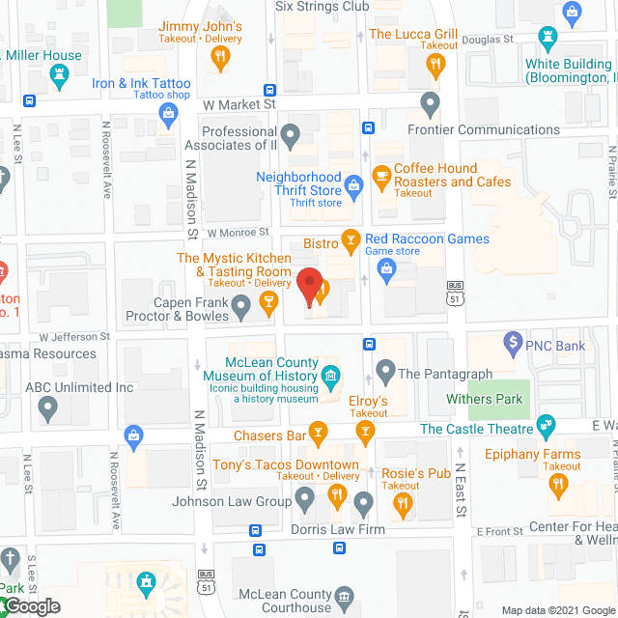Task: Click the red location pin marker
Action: [309, 287]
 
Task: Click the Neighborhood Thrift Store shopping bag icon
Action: [354, 183]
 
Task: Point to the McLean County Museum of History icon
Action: [331, 376]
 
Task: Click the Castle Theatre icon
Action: [547, 424]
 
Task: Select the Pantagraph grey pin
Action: [385, 370]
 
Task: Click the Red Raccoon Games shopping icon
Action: [387, 271]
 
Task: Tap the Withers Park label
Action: [484, 399]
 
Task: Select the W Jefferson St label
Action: [74, 337]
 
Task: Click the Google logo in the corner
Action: [31, 605]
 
